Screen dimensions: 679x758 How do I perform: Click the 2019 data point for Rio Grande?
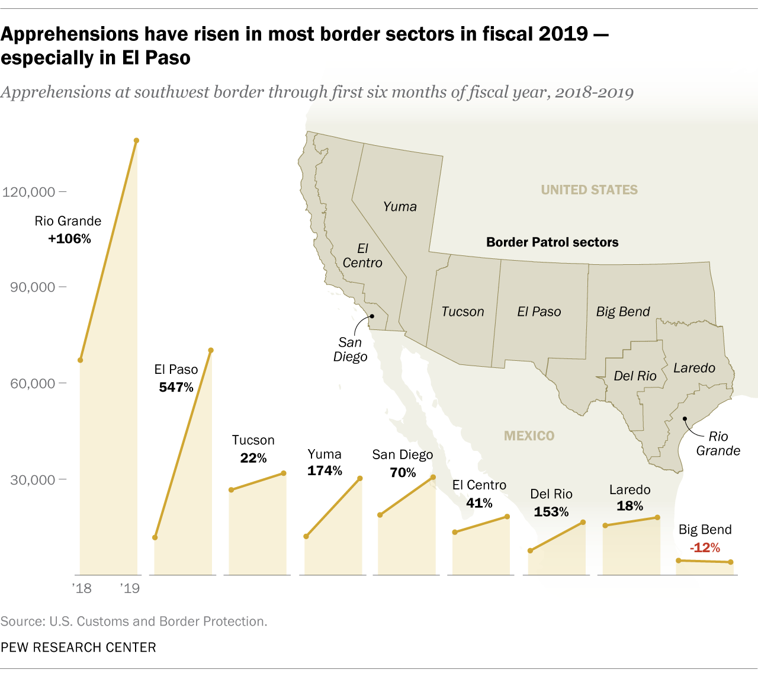coord(136,140)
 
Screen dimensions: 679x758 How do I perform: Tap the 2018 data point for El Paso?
coord(155,537)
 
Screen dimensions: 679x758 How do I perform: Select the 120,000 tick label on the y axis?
coord(29,192)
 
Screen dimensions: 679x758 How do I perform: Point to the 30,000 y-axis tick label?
coord(32,480)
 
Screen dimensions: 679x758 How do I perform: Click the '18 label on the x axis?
coord(82,588)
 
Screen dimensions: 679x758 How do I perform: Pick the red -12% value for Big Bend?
coord(705,547)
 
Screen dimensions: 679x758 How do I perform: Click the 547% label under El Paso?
coord(176,387)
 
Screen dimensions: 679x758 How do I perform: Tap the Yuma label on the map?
coord(400,207)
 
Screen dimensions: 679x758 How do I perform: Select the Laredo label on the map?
coord(694,368)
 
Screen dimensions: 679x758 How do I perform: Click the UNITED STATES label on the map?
coord(589,190)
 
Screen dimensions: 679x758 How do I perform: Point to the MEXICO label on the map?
coord(529,436)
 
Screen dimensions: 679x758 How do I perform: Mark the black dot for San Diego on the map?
coord(372,316)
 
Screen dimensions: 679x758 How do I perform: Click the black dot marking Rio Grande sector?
coord(685,419)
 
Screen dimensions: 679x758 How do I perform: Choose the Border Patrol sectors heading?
coord(552,242)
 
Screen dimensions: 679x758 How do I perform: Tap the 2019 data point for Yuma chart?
coord(360,478)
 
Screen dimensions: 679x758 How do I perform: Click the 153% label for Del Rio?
coord(551,512)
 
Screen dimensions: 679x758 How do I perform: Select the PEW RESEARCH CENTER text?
coord(78,648)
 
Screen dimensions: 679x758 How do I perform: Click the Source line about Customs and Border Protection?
coord(134,622)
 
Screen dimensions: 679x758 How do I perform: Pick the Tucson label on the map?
coord(462,312)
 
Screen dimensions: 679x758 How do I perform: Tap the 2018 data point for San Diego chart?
coord(380,515)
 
